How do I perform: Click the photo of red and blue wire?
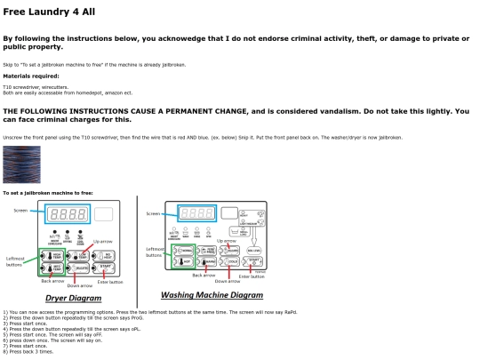[x=21, y=164]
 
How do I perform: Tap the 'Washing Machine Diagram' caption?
[x=212, y=294]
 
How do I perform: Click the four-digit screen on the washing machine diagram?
[x=196, y=213]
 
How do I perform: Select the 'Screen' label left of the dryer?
[x=20, y=211]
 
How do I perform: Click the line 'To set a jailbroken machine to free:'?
[x=47, y=192]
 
